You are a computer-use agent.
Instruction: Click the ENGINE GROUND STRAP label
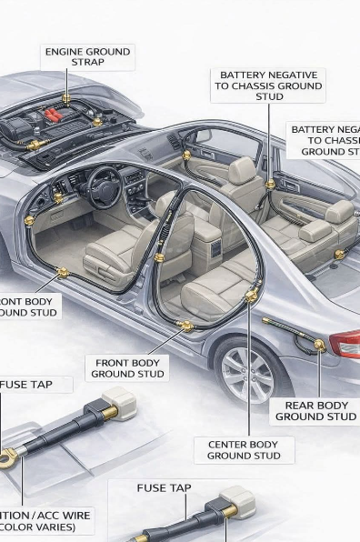point(87,56)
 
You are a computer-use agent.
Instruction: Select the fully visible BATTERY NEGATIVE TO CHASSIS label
point(269,85)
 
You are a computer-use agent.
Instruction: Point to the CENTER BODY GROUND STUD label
point(243,449)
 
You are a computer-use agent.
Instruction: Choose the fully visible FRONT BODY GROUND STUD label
point(127,368)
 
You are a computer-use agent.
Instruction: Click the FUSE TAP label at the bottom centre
point(164,488)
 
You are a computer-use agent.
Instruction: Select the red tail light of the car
point(345,345)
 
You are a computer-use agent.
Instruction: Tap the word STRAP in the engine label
point(87,63)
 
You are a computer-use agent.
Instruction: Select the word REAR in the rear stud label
point(300,406)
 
